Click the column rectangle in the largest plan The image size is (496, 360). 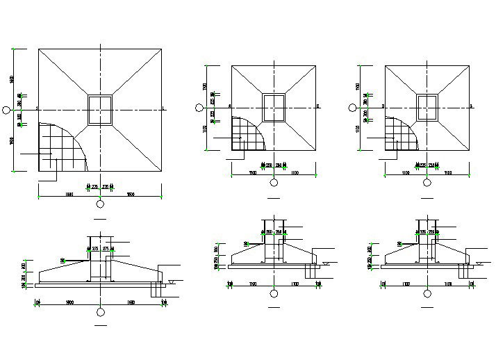click(x=101, y=109)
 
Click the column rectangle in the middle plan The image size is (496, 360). click(x=274, y=107)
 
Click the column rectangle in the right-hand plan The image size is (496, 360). click(x=427, y=107)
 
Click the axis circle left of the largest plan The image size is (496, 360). click(x=7, y=109)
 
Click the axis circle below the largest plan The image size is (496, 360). click(x=101, y=204)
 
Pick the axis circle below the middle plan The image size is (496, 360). click(x=274, y=183)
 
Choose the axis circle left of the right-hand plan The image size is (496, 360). click(x=351, y=107)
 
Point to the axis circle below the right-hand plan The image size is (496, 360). click(x=427, y=183)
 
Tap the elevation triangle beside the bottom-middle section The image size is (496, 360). click(x=324, y=263)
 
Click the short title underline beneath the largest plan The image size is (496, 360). click(x=101, y=218)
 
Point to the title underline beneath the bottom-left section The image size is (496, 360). click(x=101, y=325)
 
